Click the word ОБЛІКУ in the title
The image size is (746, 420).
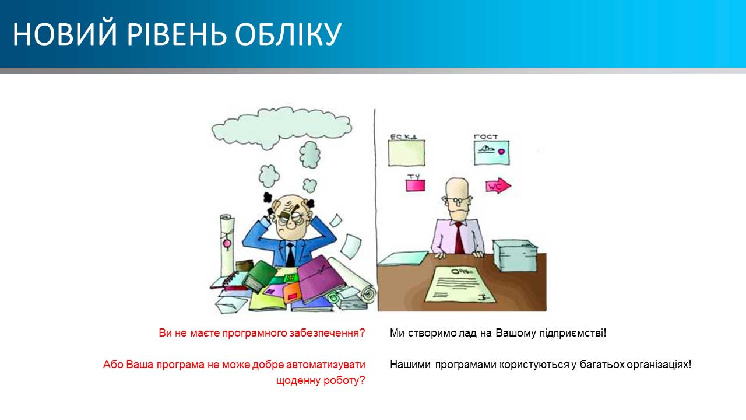tap(288, 34)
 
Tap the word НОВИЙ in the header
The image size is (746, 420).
tap(65, 34)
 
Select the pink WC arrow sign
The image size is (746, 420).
tap(498, 186)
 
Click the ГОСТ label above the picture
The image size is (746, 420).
tap(485, 136)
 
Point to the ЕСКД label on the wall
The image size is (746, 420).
tap(404, 136)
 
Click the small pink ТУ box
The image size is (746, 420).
tap(416, 185)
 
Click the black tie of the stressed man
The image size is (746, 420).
tap(290, 254)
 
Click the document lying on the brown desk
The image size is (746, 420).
tap(461, 284)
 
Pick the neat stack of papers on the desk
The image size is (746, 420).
tap(515, 256)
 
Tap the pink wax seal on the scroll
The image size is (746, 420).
tap(227, 244)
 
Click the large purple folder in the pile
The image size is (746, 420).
tap(321, 279)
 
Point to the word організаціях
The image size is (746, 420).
tap(659, 365)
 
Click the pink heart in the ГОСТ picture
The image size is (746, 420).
tap(501, 151)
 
